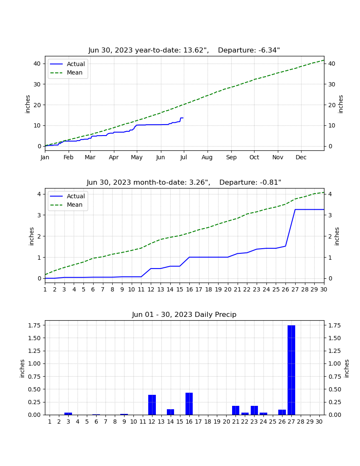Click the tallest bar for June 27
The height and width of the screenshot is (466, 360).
pyautogui.click(x=291, y=370)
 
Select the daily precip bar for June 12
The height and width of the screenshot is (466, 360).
pyautogui.click(x=152, y=405)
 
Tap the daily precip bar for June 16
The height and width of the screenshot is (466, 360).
pyautogui.click(x=189, y=404)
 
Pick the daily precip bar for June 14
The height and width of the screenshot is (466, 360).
pyautogui.click(x=171, y=412)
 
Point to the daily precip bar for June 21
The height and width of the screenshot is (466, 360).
pyautogui.click(x=236, y=411)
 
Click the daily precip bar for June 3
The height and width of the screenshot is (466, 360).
pyautogui.click(x=68, y=414)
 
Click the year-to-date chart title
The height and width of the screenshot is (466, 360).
pyautogui.click(x=184, y=50)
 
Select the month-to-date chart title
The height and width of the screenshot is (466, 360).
pyautogui.click(x=184, y=183)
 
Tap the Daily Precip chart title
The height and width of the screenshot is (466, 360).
pyautogui.click(x=184, y=314)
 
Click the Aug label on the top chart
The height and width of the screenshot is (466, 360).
pyautogui.click(x=207, y=157)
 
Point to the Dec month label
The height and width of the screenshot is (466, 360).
pyautogui.click(x=301, y=157)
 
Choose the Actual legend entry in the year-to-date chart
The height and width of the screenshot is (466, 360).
pyautogui.click(x=68, y=64)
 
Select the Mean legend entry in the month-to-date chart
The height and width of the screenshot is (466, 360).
pyautogui.click(x=66, y=205)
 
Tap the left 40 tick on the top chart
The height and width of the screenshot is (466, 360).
pyautogui.click(x=37, y=64)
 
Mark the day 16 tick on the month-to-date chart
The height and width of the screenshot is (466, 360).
pyautogui.click(x=189, y=289)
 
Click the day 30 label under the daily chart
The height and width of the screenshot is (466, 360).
pyautogui.click(x=319, y=422)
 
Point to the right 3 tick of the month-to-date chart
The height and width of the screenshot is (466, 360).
pyautogui.click(x=330, y=215)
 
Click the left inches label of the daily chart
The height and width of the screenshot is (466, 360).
pyautogui.click(x=22, y=369)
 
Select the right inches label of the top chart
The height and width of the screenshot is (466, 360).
pyautogui.click(x=341, y=104)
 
